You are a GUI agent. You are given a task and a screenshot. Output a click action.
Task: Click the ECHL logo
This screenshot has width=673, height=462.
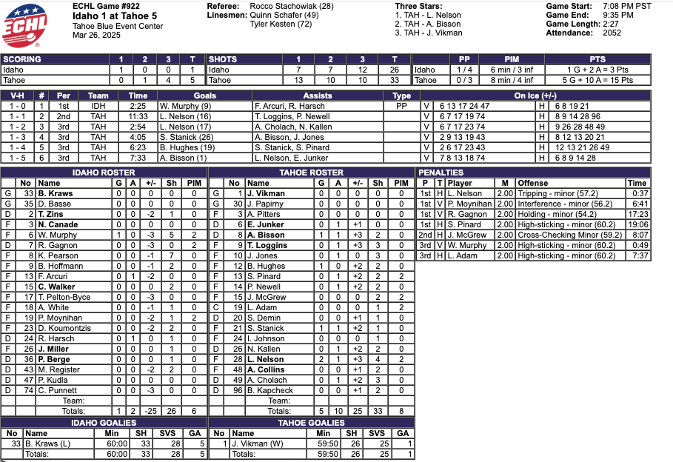(x=26, y=25)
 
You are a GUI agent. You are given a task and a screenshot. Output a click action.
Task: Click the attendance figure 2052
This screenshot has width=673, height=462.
(x=612, y=33)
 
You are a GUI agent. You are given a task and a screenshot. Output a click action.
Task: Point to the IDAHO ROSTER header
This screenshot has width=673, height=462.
(x=103, y=173)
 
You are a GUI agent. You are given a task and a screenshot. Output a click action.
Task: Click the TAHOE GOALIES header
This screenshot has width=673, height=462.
(x=311, y=423)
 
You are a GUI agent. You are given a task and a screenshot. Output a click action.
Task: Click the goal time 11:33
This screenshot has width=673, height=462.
(x=138, y=116)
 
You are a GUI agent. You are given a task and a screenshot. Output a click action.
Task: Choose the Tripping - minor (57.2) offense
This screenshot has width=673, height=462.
(x=549, y=193)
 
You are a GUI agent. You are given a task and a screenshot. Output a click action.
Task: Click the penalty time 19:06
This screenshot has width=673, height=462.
(x=637, y=224)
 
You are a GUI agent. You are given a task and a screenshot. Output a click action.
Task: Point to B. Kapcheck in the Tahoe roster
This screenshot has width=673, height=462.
(x=270, y=390)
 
